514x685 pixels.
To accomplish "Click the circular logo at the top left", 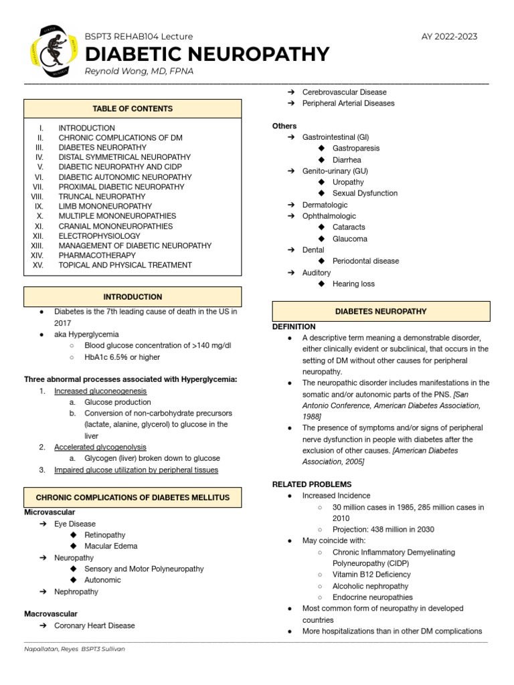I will point(51,51).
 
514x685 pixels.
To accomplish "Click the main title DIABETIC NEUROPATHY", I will point(207,54).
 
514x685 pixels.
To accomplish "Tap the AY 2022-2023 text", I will point(450,37).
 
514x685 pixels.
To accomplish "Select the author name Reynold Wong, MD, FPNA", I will point(139,72).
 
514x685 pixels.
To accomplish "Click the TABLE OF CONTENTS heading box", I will point(133,108).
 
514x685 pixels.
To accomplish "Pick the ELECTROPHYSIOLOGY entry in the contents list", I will point(99,236).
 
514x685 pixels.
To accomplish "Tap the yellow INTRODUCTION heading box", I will point(133,297).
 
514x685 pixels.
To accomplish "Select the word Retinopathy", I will point(105,535).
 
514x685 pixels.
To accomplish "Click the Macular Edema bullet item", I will point(111,546).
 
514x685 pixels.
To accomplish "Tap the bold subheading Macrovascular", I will point(51,613).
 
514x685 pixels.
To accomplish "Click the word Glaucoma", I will point(350,239).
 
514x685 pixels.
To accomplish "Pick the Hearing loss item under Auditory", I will point(353,284).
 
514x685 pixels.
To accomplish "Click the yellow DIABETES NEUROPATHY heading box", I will point(381,312).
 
